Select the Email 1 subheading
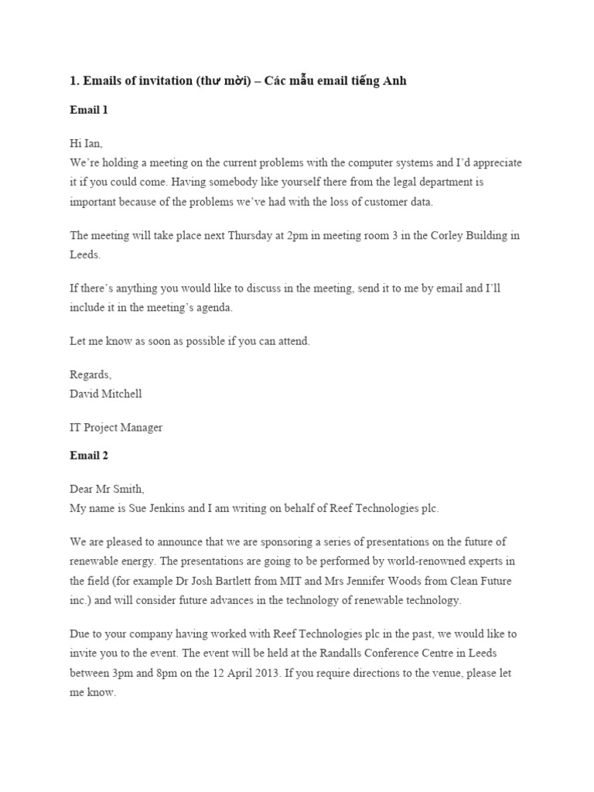click(x=89, y=110)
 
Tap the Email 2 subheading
click(x=89, y=456)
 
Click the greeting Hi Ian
click(x=85, y=143)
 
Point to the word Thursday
click(x=258, y=236)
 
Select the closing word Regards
click(x=90, y=374)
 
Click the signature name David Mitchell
click(x=106, y=393)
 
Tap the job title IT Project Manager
click(x=116, y=427)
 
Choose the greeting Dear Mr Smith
click(x=107, y=489)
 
